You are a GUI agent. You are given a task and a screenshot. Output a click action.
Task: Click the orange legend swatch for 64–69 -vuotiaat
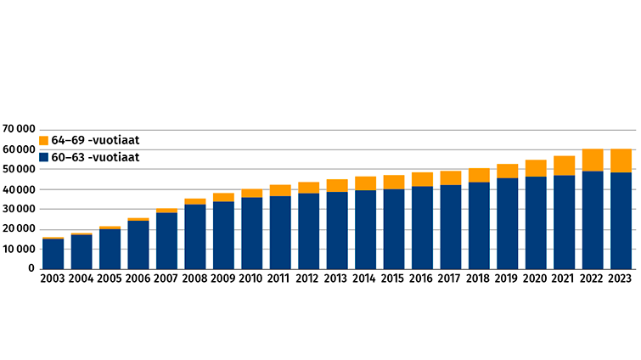(44, 140)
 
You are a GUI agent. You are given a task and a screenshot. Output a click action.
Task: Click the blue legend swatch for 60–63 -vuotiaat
(44, 157)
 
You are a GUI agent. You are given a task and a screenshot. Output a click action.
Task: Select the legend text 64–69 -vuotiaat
(95, 140)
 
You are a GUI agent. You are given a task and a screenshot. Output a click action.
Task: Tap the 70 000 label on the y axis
(20, 130)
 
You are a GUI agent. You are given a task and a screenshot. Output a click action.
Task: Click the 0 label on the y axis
(31, 269)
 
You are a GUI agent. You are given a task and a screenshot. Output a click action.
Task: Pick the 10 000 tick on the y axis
(20, 250)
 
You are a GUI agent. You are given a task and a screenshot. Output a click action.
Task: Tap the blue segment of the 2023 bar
(621, 221)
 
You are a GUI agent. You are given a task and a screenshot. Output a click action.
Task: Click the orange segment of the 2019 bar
(508, 171)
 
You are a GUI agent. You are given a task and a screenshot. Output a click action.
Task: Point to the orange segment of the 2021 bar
(565, 166)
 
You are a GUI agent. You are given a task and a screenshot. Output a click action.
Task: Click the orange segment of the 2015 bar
(394, 182)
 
